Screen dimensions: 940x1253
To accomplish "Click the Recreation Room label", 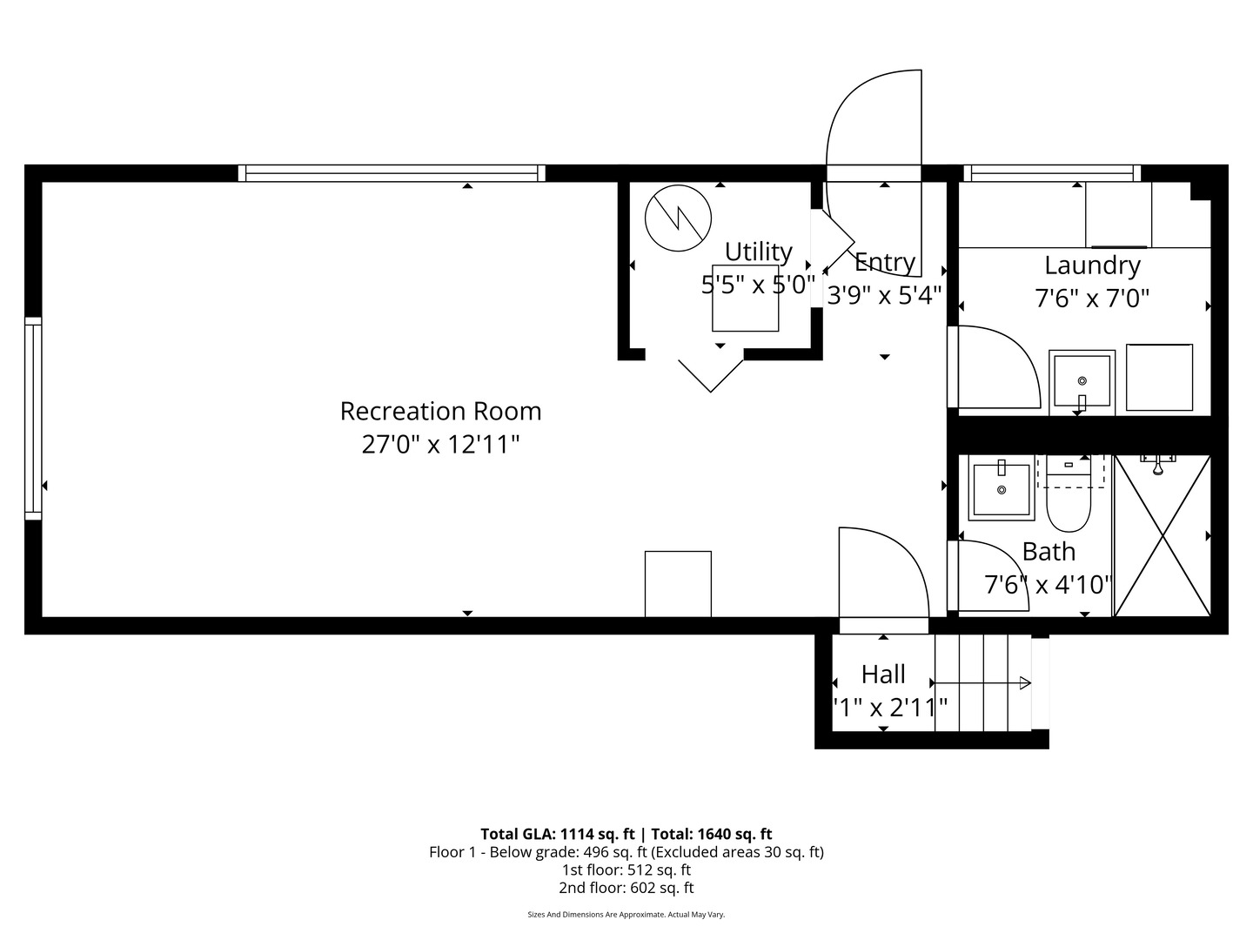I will [440, 411].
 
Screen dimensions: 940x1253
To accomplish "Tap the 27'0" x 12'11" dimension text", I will [440, 445].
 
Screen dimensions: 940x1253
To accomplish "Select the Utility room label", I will [758, 252].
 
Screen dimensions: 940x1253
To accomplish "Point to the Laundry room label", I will [1092, 265].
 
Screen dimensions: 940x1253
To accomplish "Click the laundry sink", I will [1082, 380].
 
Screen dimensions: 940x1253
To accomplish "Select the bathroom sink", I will [1002, 489].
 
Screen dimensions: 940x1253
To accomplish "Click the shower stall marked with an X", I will [1163, 535].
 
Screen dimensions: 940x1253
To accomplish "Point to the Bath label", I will [1049, 552].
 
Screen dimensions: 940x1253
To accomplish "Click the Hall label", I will [883, 675].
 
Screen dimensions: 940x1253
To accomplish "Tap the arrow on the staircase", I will [1024, 683].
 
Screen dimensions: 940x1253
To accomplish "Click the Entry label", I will [885, 262].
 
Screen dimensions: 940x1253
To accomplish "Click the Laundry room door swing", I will [996, 366].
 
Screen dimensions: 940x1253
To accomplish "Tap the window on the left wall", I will [33, 418].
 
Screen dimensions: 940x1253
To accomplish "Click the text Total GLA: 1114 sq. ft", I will [557, 834].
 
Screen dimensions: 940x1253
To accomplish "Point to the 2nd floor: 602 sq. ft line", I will [626, 888].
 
